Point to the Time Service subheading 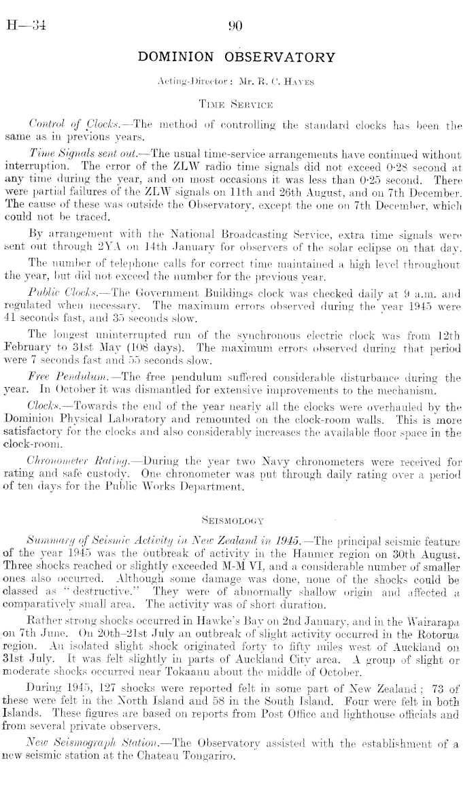click(237, 105)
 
